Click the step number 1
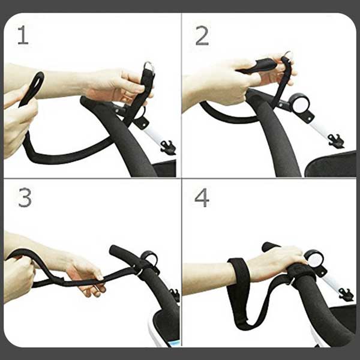pos(23,35)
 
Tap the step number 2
pos(202,35)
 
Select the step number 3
pos(25,197)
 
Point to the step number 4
pos(202,197)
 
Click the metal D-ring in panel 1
pos(149,67)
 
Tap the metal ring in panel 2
pos(288,55)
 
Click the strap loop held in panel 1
pos(32,89)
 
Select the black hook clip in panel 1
pos(168,147)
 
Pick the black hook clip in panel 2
pos(335,141)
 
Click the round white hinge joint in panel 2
pos(299,104)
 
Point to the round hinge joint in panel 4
pos(315,260)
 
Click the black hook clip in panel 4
pos(346,295)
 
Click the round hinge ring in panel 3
pos(149,258)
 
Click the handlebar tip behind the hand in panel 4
pos(269,246)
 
